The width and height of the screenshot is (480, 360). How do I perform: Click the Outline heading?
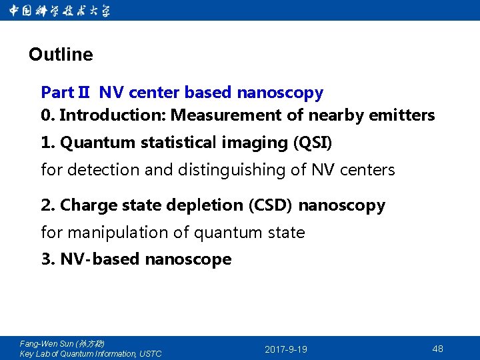tap(61, 55)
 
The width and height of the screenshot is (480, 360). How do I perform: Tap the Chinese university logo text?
tap(60, 11)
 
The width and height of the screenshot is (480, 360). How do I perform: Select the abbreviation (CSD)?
tap(270, 205)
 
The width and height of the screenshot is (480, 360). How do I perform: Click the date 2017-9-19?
tap(286, 349)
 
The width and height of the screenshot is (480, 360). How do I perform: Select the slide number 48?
tap(437, 349)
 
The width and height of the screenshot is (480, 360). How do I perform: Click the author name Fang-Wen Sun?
tap(47, 344)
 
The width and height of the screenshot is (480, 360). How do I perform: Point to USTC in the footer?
tap(149, 354)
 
